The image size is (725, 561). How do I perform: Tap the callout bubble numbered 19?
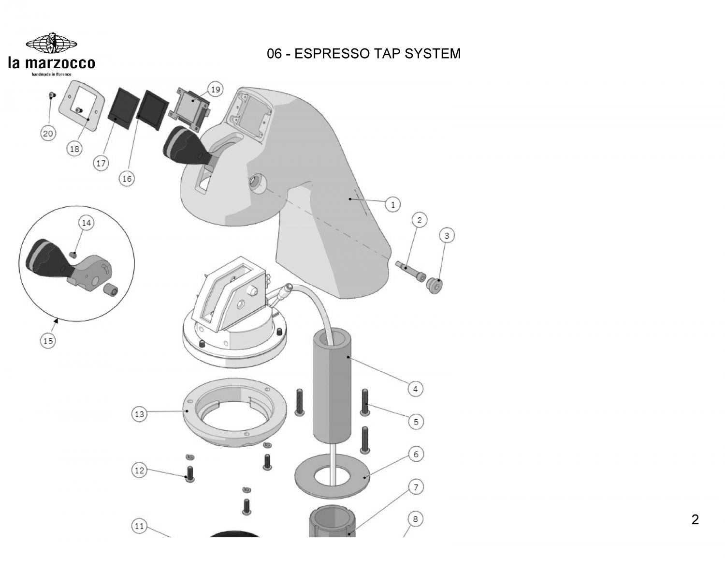click(216, 90)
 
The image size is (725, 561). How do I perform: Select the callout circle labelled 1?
click(392, 205)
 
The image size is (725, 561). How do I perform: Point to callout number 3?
click(447, 236)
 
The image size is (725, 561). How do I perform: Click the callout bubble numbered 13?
click(139, 414)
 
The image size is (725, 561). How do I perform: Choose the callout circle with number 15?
click(48, 341)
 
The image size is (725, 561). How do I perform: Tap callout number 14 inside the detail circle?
click(86, 223)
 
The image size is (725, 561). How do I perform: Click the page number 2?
click(695, 520)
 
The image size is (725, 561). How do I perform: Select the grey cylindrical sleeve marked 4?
click(332, 387)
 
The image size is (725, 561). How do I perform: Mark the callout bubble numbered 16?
click(127, 179)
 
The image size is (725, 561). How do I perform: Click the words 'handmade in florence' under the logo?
click(51, 74)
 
